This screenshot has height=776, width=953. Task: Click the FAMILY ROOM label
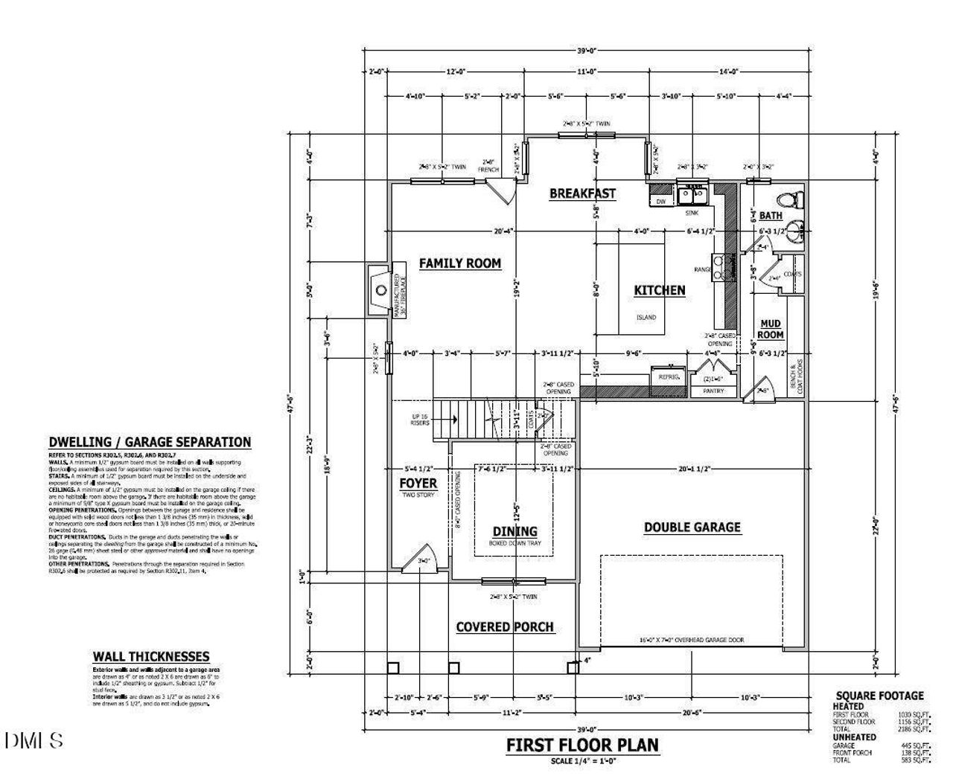459,263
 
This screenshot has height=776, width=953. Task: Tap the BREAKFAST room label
582,193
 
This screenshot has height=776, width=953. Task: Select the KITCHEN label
659,290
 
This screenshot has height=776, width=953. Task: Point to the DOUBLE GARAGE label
692,528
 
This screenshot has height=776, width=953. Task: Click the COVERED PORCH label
505,627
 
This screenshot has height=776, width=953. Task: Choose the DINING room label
514,531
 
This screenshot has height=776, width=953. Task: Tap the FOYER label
418,484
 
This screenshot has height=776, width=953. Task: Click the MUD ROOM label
771,329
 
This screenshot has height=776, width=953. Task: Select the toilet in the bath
787,199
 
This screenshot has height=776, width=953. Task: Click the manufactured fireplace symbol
379,290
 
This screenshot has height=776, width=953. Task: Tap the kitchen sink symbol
693,196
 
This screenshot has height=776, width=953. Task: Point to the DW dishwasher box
660,201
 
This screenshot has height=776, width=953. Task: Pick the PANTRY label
713,391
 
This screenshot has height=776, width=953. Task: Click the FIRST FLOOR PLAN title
581,745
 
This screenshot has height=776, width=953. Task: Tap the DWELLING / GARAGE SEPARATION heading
150,443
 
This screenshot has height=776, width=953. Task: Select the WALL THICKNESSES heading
151,656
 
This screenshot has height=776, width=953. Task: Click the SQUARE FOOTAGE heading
879,696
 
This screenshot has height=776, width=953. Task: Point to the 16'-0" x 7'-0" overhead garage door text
691,640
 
